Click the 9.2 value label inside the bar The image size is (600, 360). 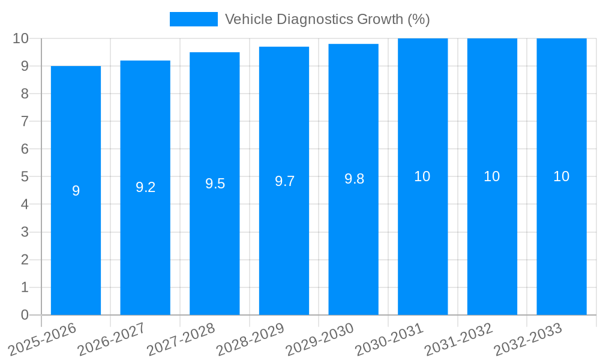click(x=145, y=187)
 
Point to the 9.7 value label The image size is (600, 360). click(x=284, y=181)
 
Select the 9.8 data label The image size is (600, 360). click(x=354, y=179)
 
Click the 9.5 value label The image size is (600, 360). click(x=215, y=184)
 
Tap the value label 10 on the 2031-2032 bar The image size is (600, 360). click(x=492, y=176)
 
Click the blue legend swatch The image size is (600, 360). click(x=193, y=19)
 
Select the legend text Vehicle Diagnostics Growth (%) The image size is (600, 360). click(x=327, y=19)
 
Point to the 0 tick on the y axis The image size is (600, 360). click(x=25, y=315)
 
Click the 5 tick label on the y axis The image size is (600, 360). click(x=25, y=177)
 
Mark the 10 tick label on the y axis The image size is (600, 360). click(x=21, y=39)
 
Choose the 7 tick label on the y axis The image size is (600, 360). click(x=25, y=122)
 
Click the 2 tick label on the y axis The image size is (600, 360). click(x=25, y=260)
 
